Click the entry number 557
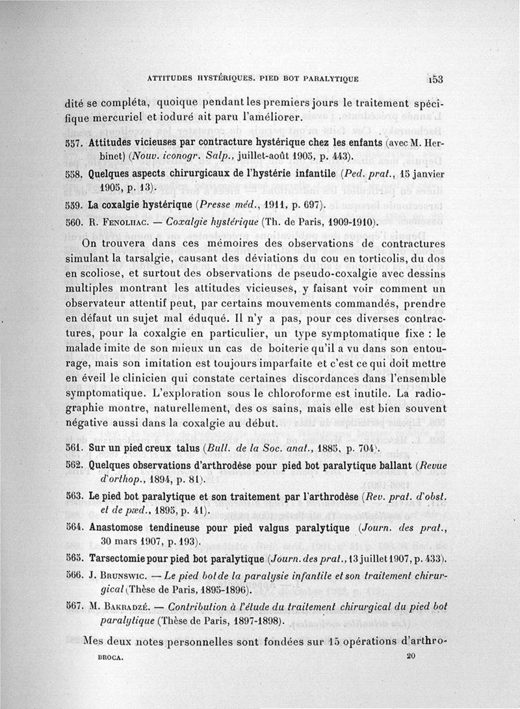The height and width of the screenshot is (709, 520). coord(75,142)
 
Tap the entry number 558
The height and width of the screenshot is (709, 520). coord(75,174)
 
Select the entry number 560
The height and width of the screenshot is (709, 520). coord(75,222)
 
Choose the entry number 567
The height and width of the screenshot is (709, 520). coord(75,606)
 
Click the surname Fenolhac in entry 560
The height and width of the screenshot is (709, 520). coord(118,222)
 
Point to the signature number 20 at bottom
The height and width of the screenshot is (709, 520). coord(409,657)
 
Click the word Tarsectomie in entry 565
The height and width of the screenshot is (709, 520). coord(121,559)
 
